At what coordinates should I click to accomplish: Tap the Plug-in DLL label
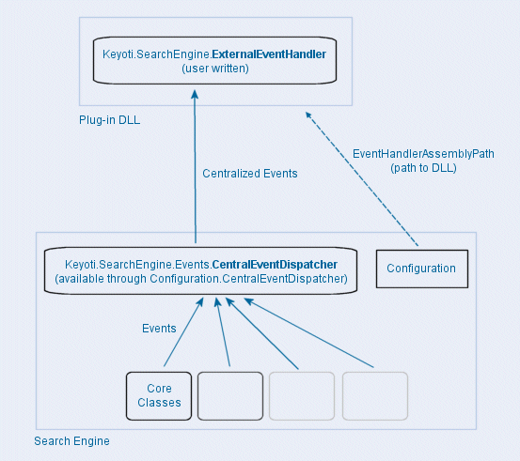pos(110,120)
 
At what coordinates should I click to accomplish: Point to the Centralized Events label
pos(250,174)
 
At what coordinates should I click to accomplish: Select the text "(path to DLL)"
pos(423,167)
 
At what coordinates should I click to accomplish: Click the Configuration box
pos(421,269)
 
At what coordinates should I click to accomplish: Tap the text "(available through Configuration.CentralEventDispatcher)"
pos(201,279)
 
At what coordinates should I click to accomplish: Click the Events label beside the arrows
pos(159,329)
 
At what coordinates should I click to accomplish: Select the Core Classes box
pos(159,395)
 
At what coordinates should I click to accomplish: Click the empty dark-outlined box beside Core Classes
pos(230,395)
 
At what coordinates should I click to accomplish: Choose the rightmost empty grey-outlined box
pos(375,395)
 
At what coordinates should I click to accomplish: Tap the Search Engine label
pos(72,441)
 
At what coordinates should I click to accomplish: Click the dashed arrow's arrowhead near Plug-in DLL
pos(307,115)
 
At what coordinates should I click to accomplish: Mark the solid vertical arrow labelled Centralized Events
pos(196,169)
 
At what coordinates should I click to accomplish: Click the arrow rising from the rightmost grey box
pos(310,332)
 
